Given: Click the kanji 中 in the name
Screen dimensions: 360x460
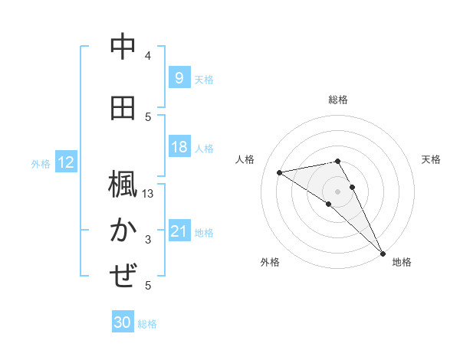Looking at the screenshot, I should (123, 47).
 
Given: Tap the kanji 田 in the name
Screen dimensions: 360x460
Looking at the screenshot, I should (123, 108).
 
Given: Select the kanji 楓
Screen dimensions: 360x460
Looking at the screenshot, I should (123, 185).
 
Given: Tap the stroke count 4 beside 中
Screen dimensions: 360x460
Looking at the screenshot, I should (148, 56).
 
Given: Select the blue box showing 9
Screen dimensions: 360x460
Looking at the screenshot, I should (179, 77).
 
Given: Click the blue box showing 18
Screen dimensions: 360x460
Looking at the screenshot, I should (179, 147).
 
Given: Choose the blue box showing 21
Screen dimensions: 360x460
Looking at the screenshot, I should (179, 231).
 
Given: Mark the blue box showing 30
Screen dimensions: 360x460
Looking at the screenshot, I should (123, 322).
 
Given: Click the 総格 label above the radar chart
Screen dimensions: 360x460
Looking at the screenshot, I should (338, 100).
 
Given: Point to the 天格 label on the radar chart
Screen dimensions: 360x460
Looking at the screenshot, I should (431, 159).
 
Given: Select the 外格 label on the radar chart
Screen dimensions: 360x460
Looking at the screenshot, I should (270, 262).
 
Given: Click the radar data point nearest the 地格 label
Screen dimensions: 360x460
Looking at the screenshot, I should (383, 252).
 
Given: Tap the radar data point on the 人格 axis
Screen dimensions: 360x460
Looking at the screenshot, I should (280, 172).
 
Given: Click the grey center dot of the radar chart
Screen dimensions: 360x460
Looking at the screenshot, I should (338, 189).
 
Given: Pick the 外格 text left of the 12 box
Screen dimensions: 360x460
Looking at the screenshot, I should (40, 163).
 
